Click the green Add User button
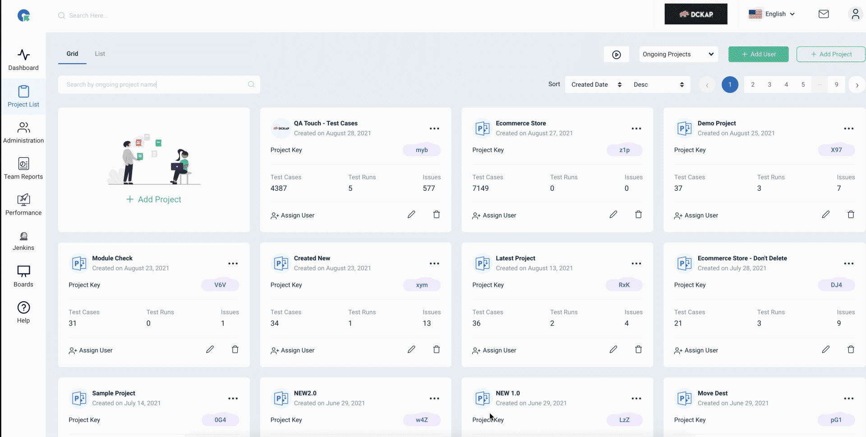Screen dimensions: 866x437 758,54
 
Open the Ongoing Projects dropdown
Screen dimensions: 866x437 678,54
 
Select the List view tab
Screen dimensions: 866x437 100,54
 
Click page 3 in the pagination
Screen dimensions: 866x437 769,84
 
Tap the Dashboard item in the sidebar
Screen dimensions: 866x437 23,60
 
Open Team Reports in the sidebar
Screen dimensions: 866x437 23,168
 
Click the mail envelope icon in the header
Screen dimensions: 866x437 824,14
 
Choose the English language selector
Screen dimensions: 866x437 772,14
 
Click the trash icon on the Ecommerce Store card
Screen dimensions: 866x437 638,215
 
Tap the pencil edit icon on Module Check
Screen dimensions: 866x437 210,350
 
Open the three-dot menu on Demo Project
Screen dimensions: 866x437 848,129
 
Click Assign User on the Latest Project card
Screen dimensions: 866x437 494,350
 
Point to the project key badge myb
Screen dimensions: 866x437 422,150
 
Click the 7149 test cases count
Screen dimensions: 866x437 480,189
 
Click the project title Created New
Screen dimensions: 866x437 312,258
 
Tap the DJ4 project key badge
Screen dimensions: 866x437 836,285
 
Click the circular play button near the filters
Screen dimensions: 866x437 617,55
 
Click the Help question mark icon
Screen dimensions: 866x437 23,308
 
